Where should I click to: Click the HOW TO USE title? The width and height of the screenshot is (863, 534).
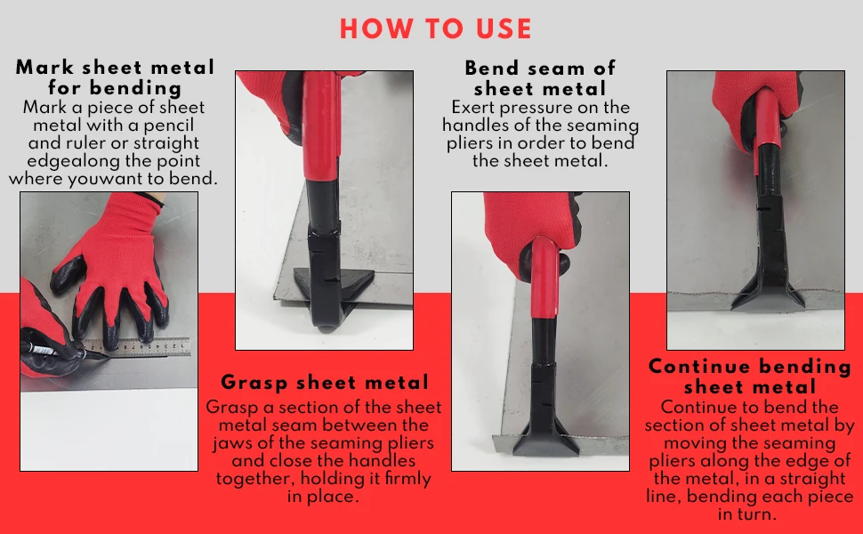coord(435,28)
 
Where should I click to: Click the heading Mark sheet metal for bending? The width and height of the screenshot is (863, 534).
coord(115,77)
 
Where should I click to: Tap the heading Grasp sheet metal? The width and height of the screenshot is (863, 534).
coord(325,383)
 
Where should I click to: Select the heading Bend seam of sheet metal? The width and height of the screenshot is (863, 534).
coord(540,78)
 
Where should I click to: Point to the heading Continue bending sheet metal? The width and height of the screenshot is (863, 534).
coord(750,376)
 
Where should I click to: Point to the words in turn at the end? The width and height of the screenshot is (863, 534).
coord(750,514)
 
